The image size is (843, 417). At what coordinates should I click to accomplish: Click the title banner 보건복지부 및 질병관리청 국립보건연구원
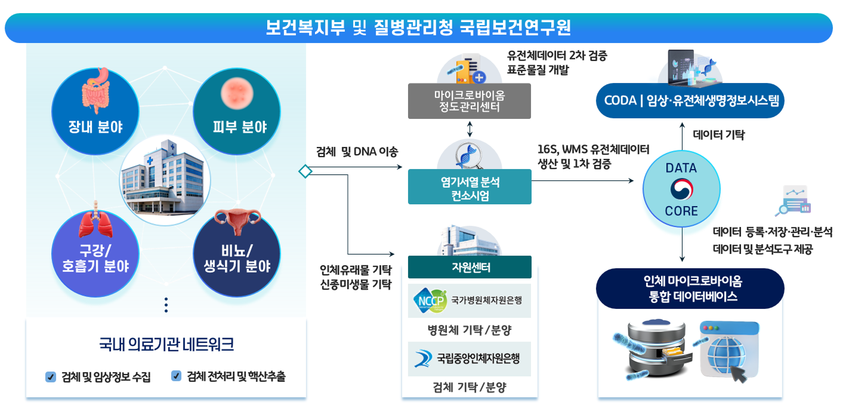(418, 28)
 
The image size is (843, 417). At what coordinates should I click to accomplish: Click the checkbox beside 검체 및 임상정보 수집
(51, 377)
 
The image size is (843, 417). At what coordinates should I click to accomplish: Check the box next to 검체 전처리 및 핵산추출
(176, 376)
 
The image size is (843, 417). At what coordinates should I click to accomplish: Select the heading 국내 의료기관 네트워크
(166, 345)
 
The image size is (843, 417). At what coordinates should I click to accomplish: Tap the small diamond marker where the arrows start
(305, 171)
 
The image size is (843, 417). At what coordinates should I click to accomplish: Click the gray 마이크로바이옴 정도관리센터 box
(470, 101)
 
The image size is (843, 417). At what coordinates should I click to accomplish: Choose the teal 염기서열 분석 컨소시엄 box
(470, 187)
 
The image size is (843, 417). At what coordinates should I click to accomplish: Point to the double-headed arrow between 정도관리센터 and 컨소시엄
(470, 128)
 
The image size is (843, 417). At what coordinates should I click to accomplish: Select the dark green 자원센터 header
(470, 267)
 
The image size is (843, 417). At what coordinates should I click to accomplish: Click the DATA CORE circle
(681, 188)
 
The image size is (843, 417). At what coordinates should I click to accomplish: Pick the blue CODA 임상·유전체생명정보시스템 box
(690, 100)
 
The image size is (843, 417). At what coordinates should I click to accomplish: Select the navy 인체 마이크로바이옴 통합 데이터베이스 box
(690, 289)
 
